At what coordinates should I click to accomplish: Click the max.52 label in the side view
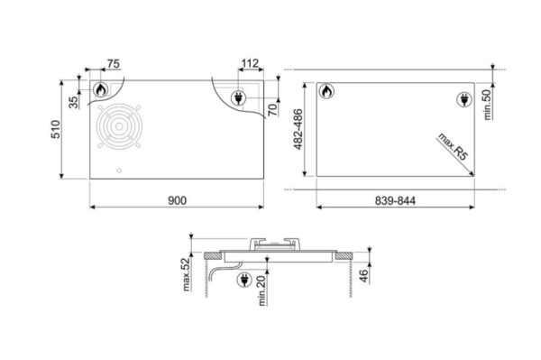click(x=184, y=272)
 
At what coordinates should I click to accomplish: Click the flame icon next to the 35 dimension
click(x=101, y=91)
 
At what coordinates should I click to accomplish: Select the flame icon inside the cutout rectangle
click(x=326, y=92)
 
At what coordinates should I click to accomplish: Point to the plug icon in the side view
click(x=243, y=282)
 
